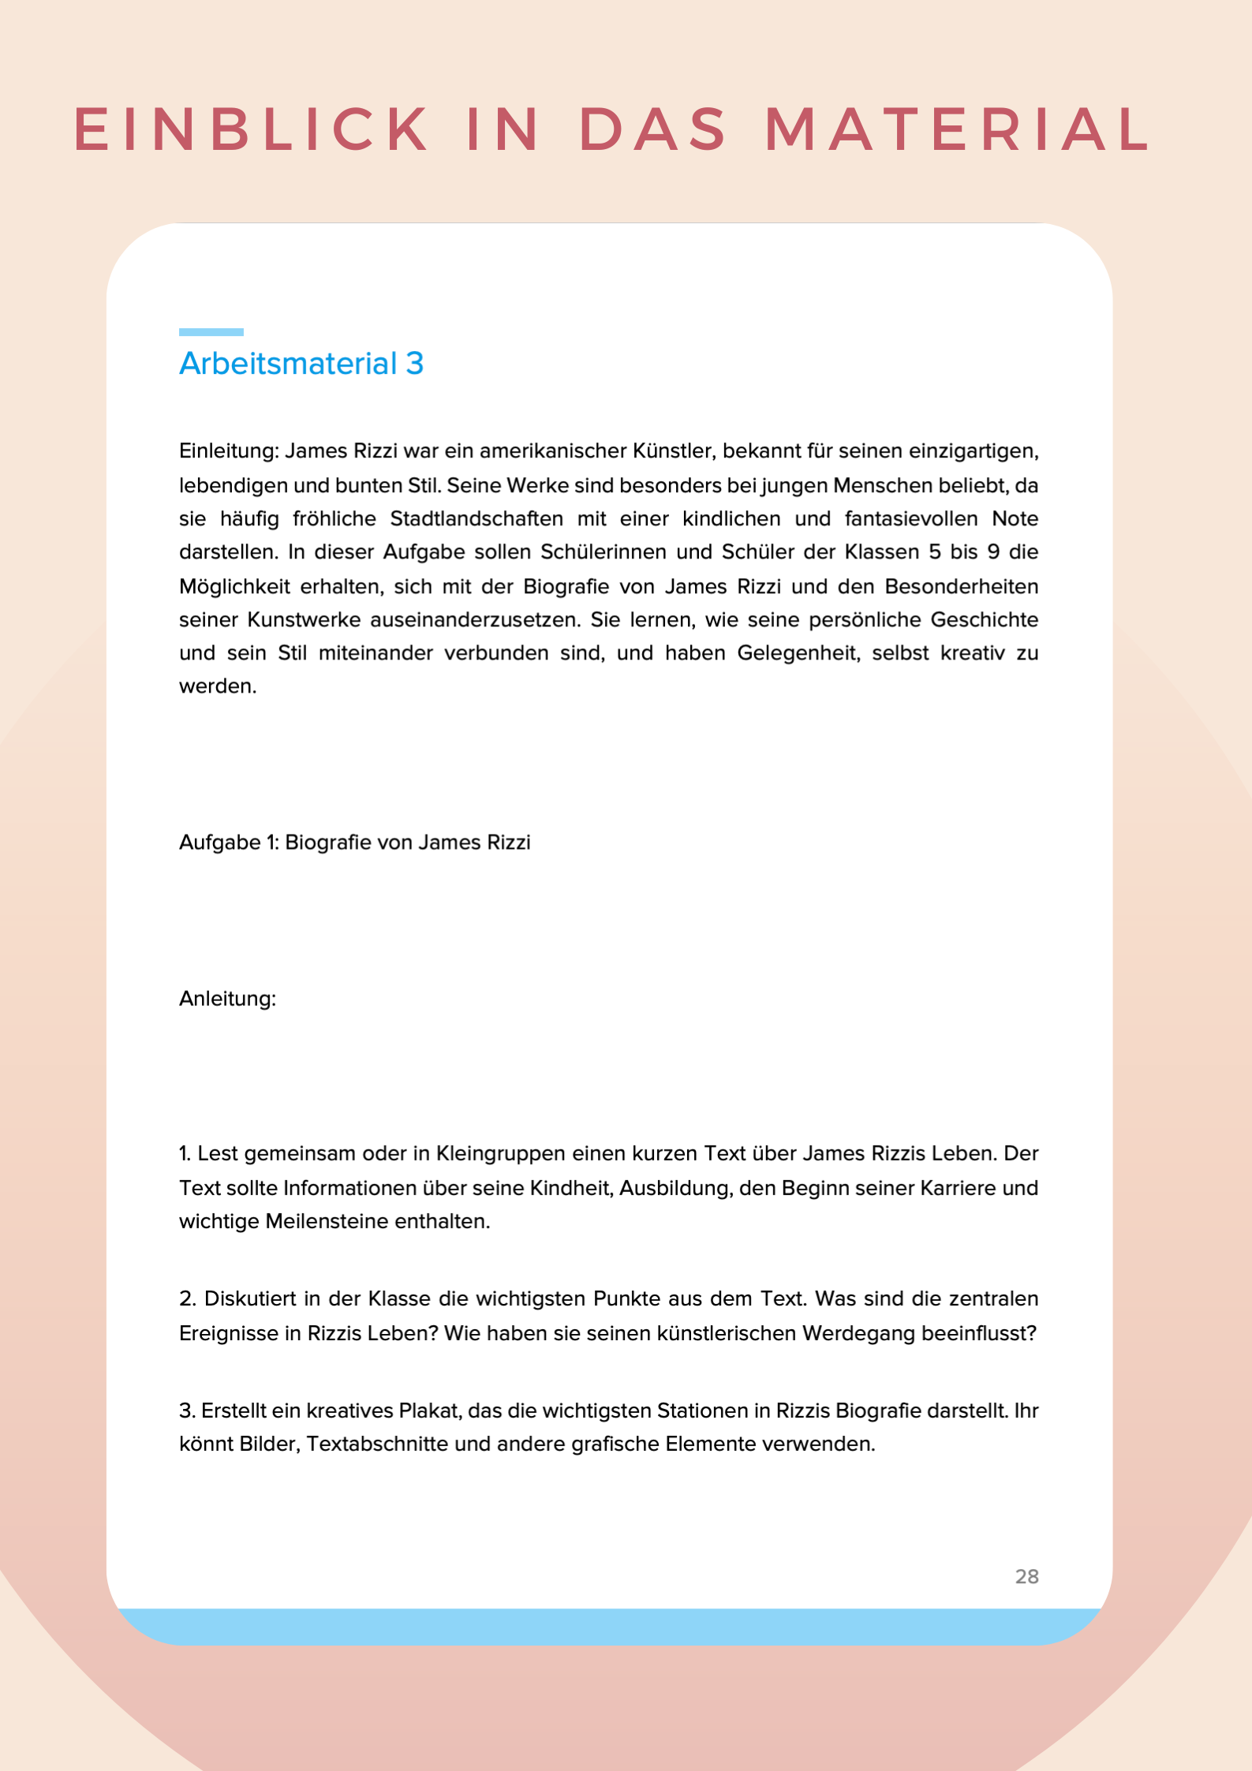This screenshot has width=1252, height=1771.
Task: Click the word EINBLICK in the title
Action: point(252,129)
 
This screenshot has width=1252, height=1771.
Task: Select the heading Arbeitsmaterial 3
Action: point(301,364)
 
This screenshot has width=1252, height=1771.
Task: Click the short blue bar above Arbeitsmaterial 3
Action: point(211,332)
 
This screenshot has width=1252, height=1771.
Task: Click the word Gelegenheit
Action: point(798,653)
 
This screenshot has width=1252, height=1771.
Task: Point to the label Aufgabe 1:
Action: point(229,843)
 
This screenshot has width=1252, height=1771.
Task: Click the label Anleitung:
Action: point(227,999)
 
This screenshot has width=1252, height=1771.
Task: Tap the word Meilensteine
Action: point(327,1222)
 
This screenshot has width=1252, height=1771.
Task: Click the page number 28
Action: point(1026,1577)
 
